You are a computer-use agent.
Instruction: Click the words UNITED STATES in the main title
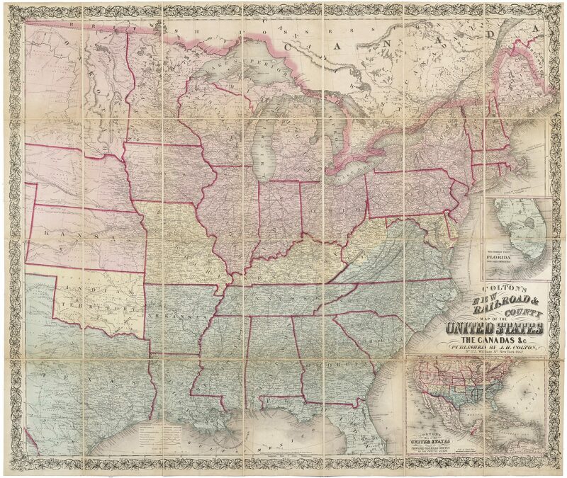coord(495,329)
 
